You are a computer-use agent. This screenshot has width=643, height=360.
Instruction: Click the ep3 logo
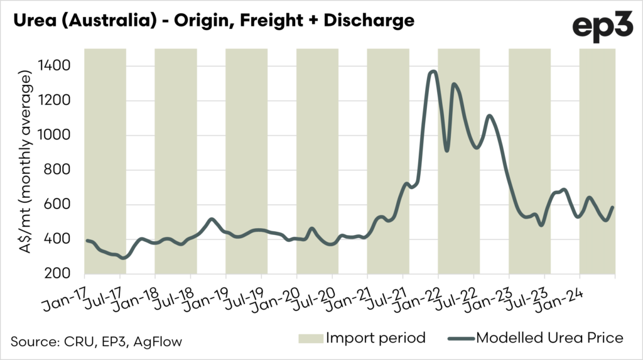(602, 26)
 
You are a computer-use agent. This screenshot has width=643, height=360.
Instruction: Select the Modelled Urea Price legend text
(550, 338)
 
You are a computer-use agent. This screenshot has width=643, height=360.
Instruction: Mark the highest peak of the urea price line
(432, 72)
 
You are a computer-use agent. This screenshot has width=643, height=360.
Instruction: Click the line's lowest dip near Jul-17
(123, 258)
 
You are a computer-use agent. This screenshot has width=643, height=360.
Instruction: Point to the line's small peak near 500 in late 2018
(211, 219)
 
